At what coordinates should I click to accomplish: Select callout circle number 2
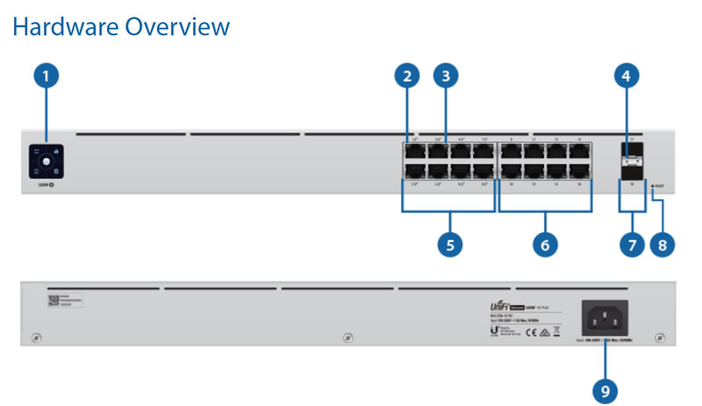[405, 76]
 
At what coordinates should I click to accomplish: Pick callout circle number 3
[446, 76]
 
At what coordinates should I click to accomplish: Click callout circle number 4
[626, 76]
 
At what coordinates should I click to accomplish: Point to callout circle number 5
[450, 244]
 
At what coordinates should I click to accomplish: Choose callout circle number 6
[544, 244]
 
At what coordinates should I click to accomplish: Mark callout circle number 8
[663, 244]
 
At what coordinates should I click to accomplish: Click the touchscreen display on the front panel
[39, 160]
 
